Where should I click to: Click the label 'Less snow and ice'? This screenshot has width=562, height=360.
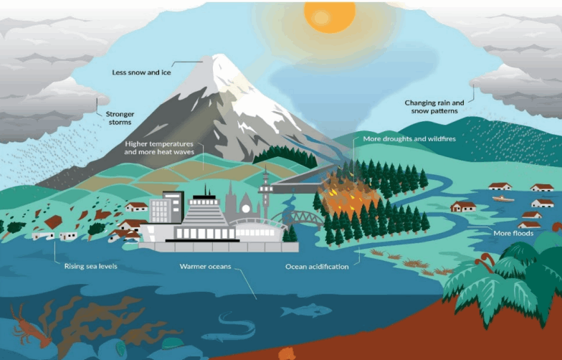pos(141,72)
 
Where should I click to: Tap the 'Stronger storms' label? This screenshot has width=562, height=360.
pos(120,118)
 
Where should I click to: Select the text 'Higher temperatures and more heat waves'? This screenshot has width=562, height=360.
pos(159,148)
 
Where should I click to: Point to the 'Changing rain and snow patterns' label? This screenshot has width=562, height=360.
pos(434,107)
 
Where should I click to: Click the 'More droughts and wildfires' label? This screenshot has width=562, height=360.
pos(409,139)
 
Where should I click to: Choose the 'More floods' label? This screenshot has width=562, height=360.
pos(513,234)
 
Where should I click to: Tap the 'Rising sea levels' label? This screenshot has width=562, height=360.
pos(90,266)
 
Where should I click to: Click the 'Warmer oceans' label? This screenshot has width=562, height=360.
pos(205,267)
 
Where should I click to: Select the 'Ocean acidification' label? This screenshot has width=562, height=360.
pos(317,267)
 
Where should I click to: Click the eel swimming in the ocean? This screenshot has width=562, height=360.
pos(229,328)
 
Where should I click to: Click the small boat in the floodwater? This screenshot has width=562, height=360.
pos(503,199)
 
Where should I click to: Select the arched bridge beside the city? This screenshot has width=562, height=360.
pos(298,218)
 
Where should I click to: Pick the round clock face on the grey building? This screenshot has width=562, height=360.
pos(245,208)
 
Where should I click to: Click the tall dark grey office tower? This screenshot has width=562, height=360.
pos(173,206)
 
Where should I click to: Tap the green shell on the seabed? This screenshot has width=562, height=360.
pos(172,343)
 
